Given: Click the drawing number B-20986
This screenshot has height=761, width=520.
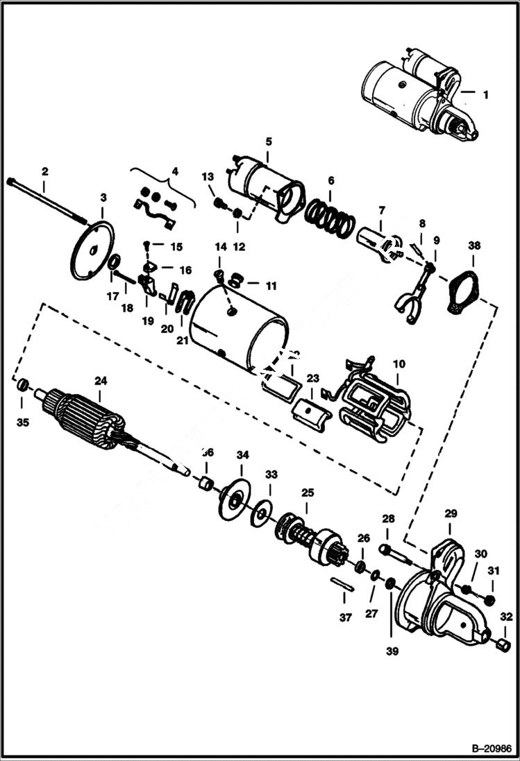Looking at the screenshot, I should tap(490, 749).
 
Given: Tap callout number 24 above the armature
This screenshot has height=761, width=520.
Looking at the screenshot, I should tap(101, 380).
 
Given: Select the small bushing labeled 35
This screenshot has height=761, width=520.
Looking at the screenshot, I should tap(22, 386).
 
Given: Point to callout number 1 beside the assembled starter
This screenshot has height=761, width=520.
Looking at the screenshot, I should tap(485, 94).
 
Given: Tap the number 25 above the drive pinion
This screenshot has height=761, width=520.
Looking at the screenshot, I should tap(308, 493).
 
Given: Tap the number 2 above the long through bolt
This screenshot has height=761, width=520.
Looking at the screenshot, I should tap(44, 171).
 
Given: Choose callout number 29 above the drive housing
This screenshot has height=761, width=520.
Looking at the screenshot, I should tap(451, 514).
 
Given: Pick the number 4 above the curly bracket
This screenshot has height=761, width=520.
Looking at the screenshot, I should tap(175, 171).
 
